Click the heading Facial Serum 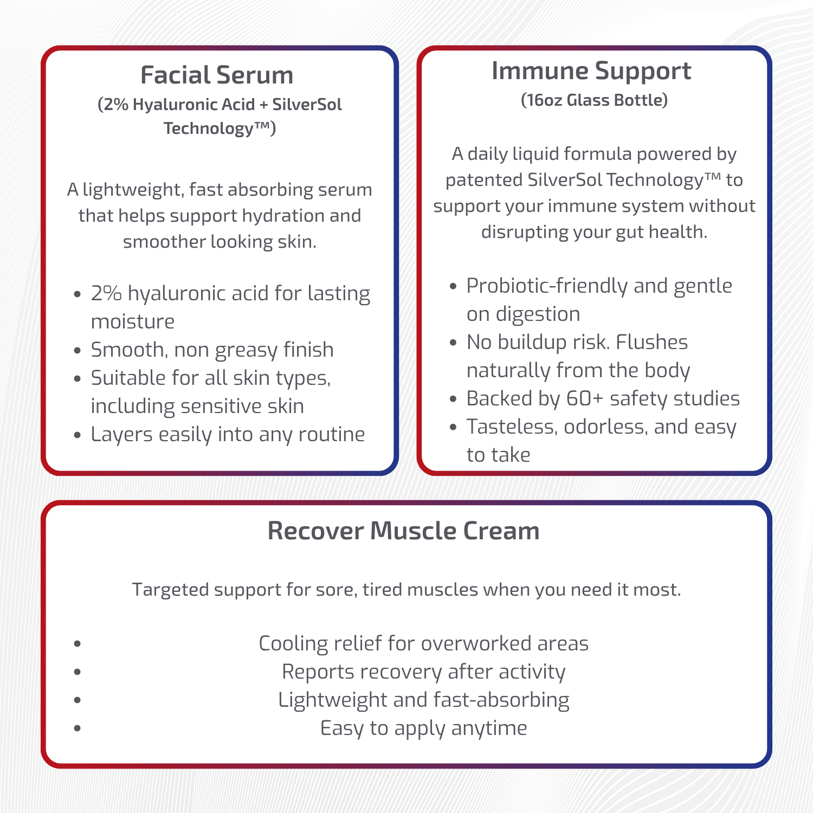217,75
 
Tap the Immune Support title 591,71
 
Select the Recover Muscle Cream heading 404,531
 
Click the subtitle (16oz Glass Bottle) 594,100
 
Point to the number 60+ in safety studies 584,398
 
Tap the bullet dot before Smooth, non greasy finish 78,351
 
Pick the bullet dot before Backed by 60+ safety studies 454,399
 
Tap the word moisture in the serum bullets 133,322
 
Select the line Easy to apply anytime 424,728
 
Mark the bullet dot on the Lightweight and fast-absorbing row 78,700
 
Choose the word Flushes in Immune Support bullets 652,343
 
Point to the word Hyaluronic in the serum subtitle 193,105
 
